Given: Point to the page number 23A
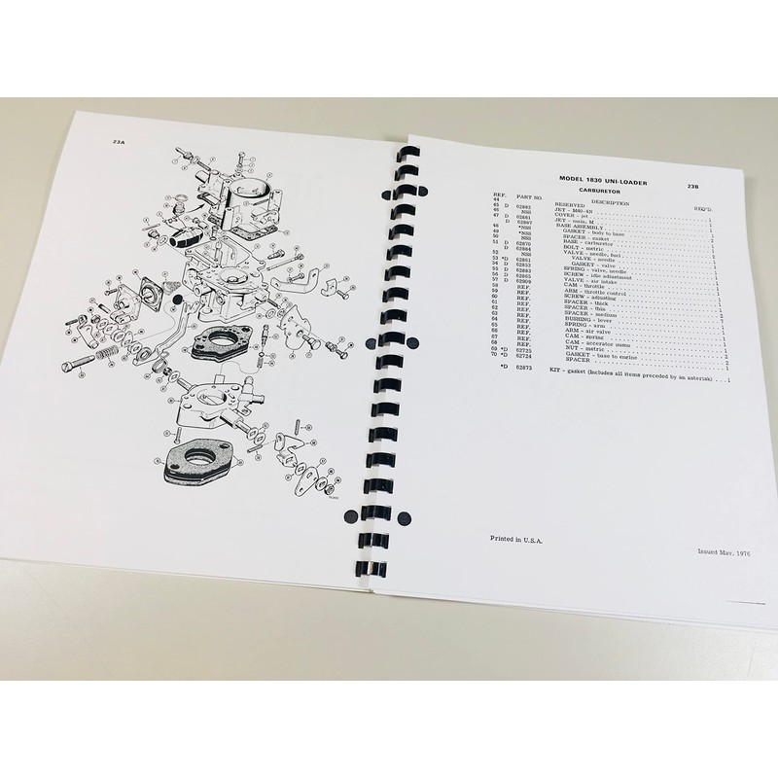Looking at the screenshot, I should (120, 143).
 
